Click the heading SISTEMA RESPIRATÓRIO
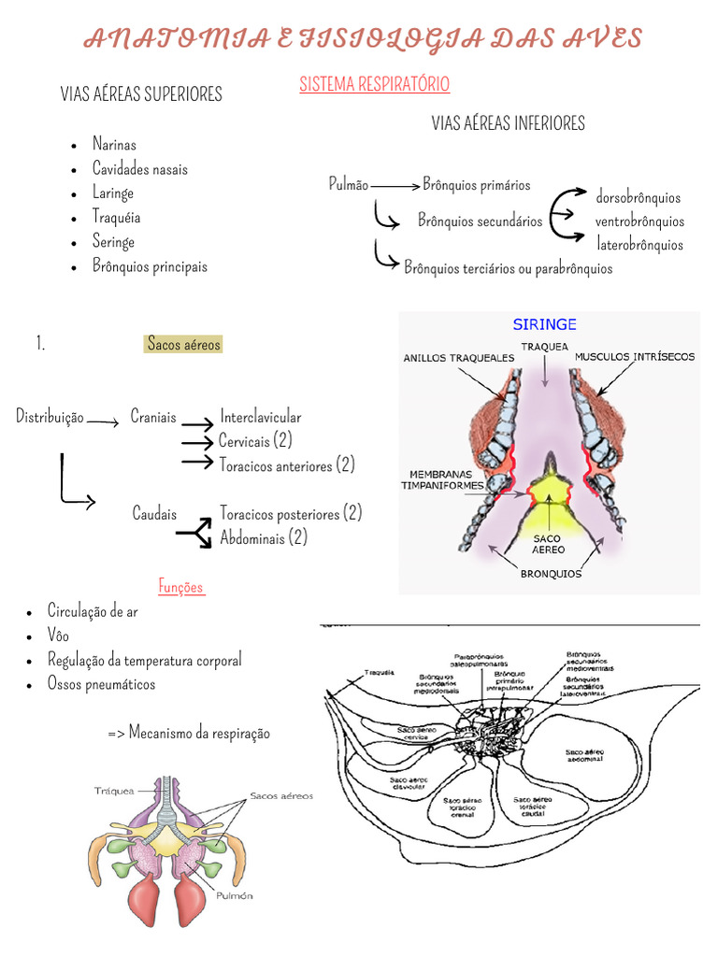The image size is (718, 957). (x=374, y=84)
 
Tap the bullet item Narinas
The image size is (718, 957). (x=114, y=144)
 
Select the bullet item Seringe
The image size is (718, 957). (x=113, y=242)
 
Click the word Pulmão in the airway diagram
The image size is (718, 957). (x=349, y=184)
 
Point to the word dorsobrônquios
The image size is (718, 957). (x=639, y=197)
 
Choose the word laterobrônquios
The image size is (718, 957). (x=640, y=245)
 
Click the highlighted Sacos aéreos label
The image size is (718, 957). (x=184, y=344)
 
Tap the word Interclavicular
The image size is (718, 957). (x=261, y=417)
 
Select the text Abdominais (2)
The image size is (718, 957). (x=264, y=537)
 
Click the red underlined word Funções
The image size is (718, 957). (x=181, y=587)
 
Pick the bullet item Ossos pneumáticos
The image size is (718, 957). (x=102, y=684)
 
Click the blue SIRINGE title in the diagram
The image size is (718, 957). (x=544, y=324)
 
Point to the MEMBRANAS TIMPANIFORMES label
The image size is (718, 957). (x=442, y=479)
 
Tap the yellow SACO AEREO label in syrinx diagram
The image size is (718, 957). (x=549, y=544)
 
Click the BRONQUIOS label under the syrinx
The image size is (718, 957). (x=551, y=574)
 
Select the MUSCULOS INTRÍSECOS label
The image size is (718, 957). (x=635, y=357)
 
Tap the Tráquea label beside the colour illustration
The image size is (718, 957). (x=114, y=791)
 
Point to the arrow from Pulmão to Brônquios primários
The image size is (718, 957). (x=395, y=186)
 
